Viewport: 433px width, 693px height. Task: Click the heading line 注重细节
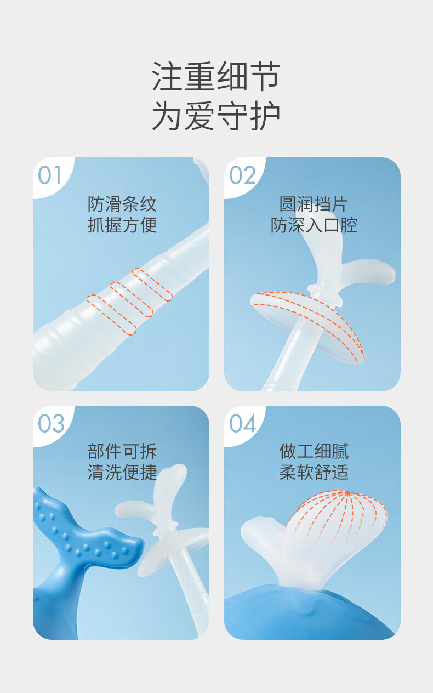tap(216, 76)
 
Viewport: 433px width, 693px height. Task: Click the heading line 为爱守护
tap(216, 116)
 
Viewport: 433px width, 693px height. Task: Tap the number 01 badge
tap(49, 175)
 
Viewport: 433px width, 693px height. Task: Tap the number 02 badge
tap(242, 175)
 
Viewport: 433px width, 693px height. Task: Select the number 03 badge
tap(52, 423)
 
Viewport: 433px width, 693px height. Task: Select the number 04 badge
tap(242, 423)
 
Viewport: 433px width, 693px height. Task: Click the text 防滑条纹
tap(122, 204)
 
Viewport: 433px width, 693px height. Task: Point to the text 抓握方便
tap(122, 225)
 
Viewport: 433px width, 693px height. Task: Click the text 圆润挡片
tap(314, 204)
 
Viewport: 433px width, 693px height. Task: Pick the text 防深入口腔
tap(314, 225)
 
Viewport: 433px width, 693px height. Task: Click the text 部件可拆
tap(122, 451)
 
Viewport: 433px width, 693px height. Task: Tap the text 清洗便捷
tap(122, 472)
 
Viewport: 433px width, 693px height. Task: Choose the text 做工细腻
tap(314, 451)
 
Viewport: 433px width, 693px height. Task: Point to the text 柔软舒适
tap(314, 472)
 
